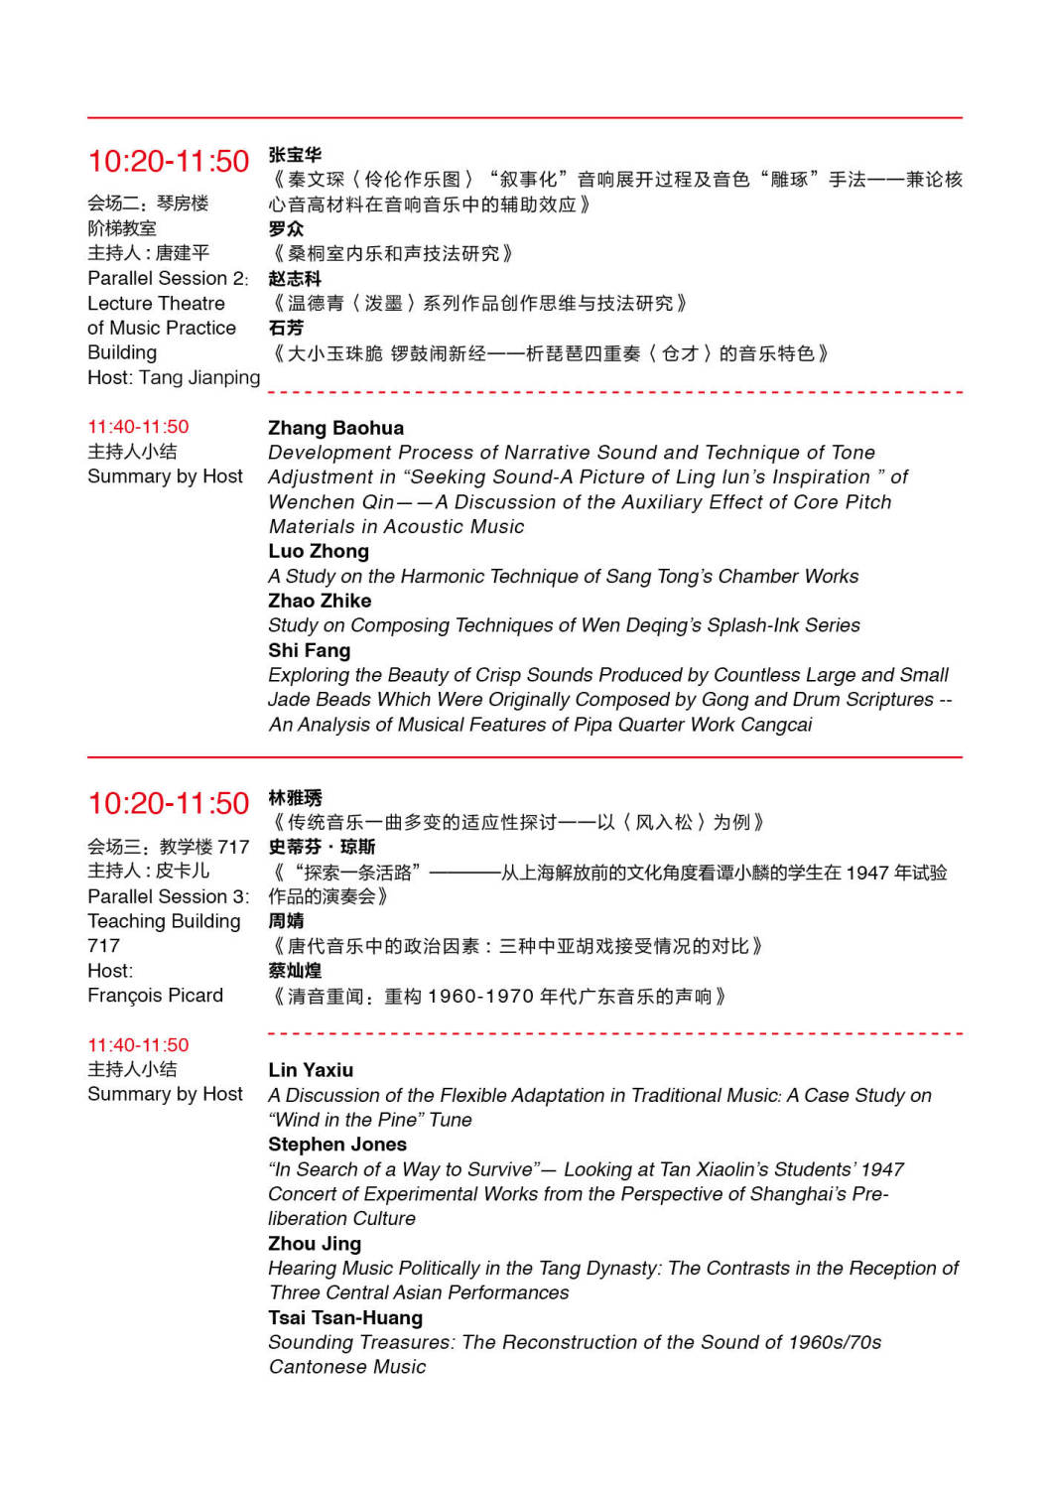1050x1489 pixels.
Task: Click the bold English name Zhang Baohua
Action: click(x=335, y=428)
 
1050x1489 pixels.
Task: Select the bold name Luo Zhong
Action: click(x=318, y=551)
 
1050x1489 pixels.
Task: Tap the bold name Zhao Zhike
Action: click(x=320, y=601)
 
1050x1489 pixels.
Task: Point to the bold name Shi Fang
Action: click(x=309, y=650)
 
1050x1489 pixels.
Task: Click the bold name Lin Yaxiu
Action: click(x=311, y=1070)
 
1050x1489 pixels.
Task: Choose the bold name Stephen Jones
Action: click(x=336, y=1145)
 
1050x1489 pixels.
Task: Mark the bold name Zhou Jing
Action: click(x=314, y=1244)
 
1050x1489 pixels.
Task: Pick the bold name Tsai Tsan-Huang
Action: click(x=344, y=1318)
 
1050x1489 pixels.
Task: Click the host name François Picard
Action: click(x=155, y=996)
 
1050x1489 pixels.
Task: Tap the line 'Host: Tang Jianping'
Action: click(x=174, y=377)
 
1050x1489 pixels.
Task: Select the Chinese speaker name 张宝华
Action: click(x=295, y=155)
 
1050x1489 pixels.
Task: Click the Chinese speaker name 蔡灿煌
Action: click(x=295, y=971)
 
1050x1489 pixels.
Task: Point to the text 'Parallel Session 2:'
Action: click(x=168, y=278)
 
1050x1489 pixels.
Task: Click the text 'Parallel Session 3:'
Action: click(x=168, y=896)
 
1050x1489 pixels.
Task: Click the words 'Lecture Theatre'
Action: click(x=156, y=303)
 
